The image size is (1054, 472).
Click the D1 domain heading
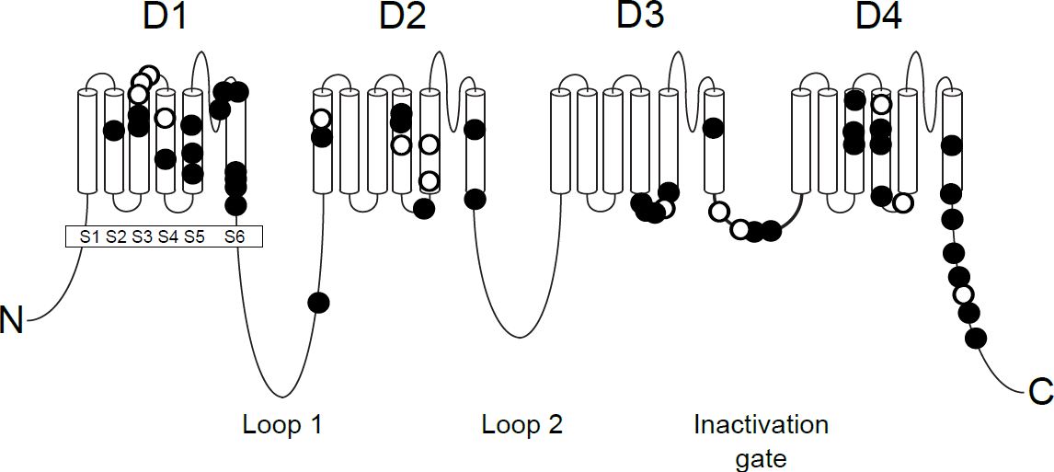(165, 17)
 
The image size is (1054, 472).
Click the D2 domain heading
(403, 17)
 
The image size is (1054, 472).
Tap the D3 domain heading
(640, 17)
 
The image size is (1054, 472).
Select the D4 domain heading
(879, 17)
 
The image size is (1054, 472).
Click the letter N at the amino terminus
(13, 323)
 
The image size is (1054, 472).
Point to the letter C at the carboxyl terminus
(1039, 393)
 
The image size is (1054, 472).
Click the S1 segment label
(89, 236)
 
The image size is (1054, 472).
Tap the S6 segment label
(236, 236)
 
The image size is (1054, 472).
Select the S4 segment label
(166, 236)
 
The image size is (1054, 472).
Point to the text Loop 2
(521, 424)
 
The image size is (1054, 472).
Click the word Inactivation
(761, 425)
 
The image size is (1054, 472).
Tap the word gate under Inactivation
(761, 457)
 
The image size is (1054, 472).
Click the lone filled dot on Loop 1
(318, 302)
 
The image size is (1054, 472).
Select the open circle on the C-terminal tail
(963, 294)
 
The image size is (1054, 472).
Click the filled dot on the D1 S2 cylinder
(114, 131)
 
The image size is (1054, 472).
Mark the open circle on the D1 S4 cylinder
(165, 117)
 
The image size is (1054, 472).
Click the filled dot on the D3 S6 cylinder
(712, 128)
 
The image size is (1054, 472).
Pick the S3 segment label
(141, 236)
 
